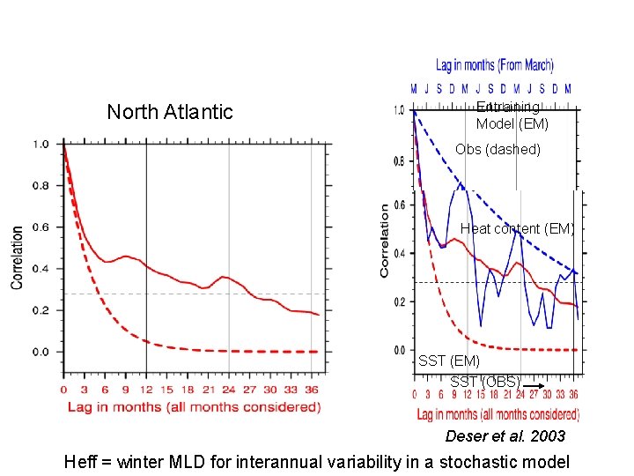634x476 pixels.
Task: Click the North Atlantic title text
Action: [x=170, y=112]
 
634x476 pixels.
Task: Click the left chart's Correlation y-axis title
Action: [x=17, y=257]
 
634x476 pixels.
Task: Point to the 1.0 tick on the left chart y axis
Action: [x=41, y=144]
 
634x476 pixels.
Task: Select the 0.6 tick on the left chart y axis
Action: [x=41, y=227]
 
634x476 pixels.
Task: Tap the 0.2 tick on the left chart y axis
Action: [x=41, y=310]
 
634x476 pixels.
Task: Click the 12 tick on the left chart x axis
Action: [x=146, y=389]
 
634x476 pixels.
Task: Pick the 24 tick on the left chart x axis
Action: [x=229, y=389]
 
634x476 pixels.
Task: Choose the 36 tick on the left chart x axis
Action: [x=312, y=389]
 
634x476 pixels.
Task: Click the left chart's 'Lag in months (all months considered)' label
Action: [x=194, y=406]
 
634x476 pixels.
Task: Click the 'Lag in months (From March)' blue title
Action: [x=495, y=65]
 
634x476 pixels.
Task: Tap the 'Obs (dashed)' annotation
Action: [x=498, y=149]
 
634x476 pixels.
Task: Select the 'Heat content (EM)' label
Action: [x=517, y=229]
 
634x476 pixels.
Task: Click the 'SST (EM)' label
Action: [x=449, y=361]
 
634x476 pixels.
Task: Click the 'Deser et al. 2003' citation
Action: [x=505, y=436]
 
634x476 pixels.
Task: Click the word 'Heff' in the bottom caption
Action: [x=82, y=462]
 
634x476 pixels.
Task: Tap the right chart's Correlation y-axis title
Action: [x=385, y=241]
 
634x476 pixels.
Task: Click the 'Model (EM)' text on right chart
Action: [x=512, y=124]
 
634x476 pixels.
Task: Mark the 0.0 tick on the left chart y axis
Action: [x=41, y=352]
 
